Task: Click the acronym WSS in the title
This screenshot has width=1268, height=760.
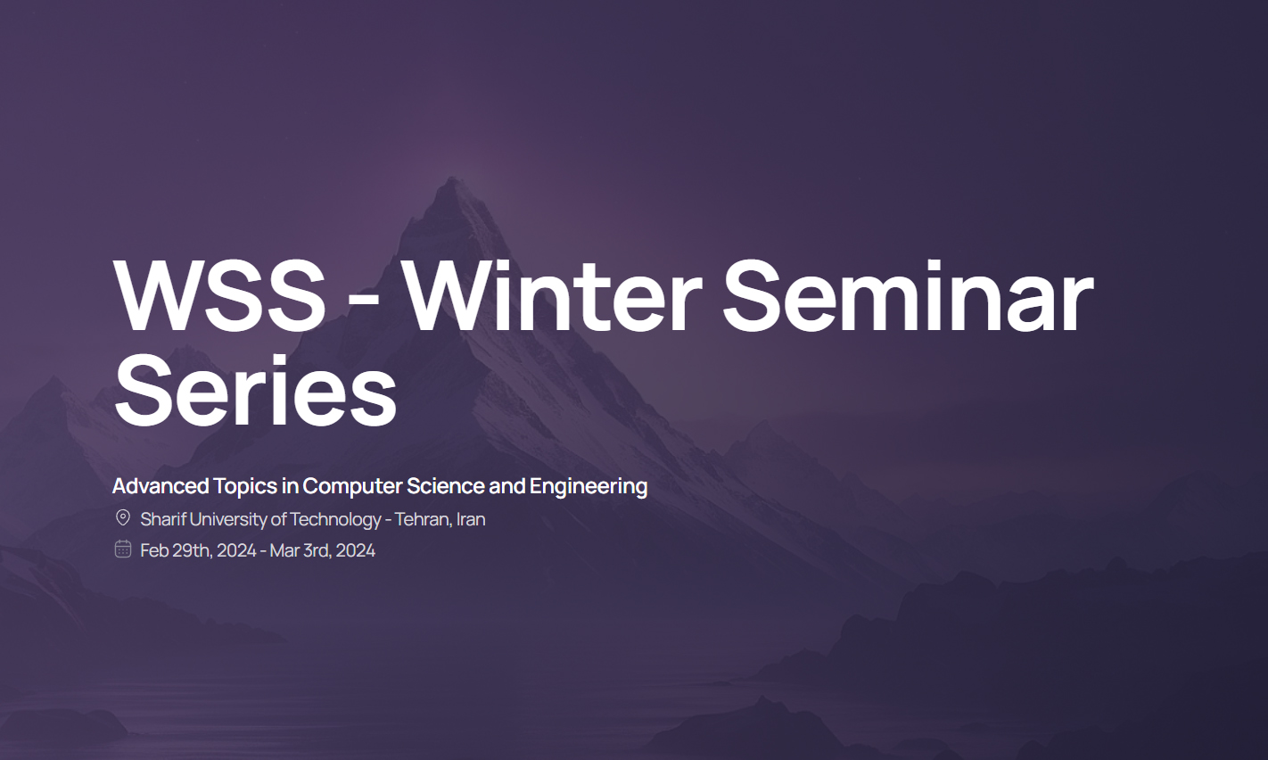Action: [219, 295]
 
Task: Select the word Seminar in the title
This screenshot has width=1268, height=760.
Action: [908, 295]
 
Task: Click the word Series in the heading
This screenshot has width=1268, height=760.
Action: [255, 390]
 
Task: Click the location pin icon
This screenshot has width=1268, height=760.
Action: [123, 517]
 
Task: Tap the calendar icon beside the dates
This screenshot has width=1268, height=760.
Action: [123, 549]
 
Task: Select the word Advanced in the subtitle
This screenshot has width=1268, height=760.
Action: [161, 486]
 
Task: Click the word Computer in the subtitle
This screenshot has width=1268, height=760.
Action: [352, 486]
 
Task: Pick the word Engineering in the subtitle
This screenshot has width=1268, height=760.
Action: [589, 487]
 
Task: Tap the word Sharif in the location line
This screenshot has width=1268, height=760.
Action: [163, 519]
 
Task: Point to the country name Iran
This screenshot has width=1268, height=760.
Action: [471, 519]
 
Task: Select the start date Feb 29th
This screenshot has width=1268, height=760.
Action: [177, 550]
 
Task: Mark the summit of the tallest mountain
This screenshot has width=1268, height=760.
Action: [452, 178]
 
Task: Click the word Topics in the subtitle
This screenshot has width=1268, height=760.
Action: [245, 487]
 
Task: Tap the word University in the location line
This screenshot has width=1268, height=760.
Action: [228, 520]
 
